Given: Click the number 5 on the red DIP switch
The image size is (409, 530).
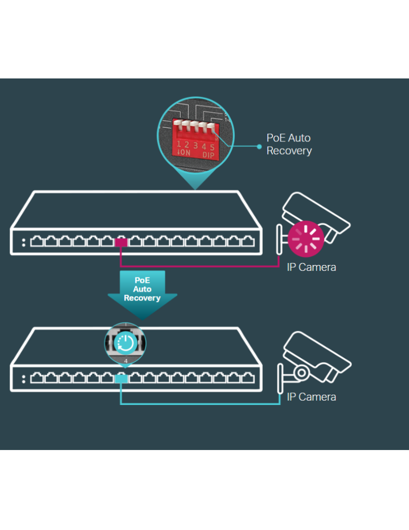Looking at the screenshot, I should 212,146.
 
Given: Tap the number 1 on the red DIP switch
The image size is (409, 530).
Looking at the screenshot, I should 179,144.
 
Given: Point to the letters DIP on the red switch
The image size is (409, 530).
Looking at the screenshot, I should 208,155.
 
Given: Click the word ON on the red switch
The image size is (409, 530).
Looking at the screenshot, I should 184,153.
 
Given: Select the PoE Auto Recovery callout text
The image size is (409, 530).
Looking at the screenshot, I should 289,144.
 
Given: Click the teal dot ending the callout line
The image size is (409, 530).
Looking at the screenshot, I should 259,144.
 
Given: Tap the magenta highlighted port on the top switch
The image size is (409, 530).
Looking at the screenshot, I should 121,242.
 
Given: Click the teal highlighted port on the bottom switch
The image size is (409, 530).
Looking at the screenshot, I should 121,378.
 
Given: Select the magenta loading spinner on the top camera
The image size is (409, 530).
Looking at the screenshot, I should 306,237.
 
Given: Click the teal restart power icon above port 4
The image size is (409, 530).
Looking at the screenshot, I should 126,342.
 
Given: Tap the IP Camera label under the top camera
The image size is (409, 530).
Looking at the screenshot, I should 311,267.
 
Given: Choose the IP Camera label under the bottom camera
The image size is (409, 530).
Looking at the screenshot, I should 311,397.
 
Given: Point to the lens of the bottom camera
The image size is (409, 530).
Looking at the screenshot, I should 301,373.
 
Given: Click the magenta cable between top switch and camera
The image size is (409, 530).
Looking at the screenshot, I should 202,266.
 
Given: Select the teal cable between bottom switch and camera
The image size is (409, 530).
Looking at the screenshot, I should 202,404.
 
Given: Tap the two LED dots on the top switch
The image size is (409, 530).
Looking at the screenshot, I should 23,243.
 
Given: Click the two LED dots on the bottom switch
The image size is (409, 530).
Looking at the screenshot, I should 23,378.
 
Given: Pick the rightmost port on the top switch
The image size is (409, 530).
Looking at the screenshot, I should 248,242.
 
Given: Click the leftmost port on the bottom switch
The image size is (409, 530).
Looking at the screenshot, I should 37,378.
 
